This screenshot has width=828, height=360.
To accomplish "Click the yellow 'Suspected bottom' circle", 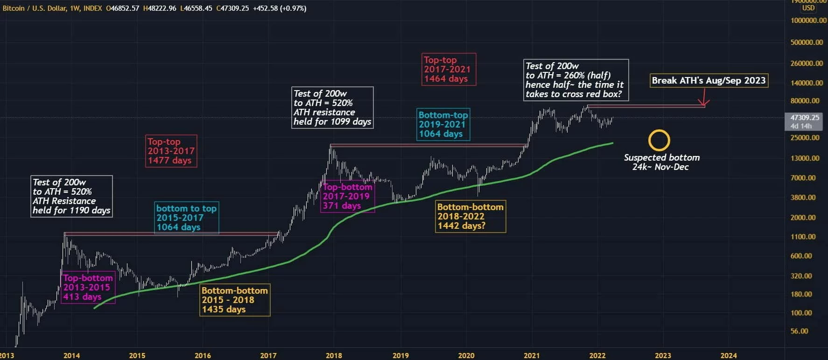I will click(x=659, y=140).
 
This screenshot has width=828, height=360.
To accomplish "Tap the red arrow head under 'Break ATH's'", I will click(x=703, y=103).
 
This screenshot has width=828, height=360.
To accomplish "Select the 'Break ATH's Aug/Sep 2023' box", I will click(x=709, y=80).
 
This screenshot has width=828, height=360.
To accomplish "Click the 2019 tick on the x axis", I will click(x=400, y=355).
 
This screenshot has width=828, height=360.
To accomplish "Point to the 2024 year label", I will click(x=729, y=355).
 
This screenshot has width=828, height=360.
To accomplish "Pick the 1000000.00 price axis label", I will click(x=808, y=21).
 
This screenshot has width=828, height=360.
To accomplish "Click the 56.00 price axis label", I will click(x=800, y=331).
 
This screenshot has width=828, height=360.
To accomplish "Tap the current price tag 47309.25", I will click(x=805, y=118).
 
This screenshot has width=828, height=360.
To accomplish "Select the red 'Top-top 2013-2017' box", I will click(x=171, y=151).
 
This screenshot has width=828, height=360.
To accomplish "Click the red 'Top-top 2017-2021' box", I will click(x=447, y=69).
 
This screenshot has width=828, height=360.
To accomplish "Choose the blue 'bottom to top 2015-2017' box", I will click(x=186, y=218).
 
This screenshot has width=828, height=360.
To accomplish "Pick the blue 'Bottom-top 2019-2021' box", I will click(x=442, y=124).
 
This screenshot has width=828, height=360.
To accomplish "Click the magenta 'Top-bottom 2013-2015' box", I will click(x=88, y=287).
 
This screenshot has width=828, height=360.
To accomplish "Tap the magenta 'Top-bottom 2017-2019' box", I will click(x=347, y=196).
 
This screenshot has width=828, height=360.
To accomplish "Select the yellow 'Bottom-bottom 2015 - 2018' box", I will click(x=235, y=300).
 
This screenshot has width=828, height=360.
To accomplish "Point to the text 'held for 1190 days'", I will click(x=71, y=210).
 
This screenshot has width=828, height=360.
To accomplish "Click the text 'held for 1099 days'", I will click(x=332, y=121).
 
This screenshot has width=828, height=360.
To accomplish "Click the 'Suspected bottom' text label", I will click(x=661, y=157).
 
